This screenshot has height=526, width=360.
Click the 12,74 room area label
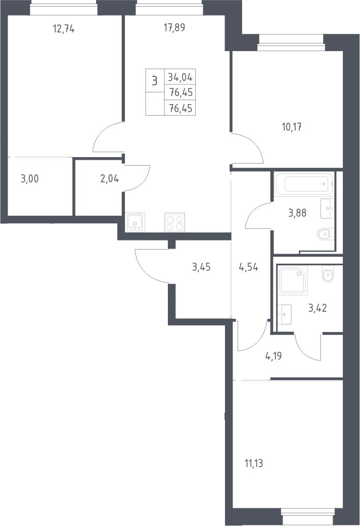pyautogui.click(x=64, y=29)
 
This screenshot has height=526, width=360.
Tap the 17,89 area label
pyautogui.click(x=174, y=27)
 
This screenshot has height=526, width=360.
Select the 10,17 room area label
pyautogui.click(x=292, y=127)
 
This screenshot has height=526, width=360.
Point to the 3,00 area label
pyautogui.click(x=29, y=178)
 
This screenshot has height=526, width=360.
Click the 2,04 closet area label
pyautogui.click(x=110, y=178)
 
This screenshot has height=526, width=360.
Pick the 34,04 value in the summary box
pyautogui.click(x=180, y=77)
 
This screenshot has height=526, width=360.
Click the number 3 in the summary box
pyautogui.click(x=155, y=81)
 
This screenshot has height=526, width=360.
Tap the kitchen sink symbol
pyautogui.click(x=135, y=221)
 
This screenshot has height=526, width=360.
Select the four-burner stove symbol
pyautogui.click(x=174, y=222)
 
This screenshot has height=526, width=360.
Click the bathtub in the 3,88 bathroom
pyautogui.click(x=304, y=183)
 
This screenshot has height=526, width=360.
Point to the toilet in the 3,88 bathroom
pyautogui.click(x=326, y=234)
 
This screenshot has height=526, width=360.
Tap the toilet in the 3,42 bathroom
pyautogui.click(x=328, y=273)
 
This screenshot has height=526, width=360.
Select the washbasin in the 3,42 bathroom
pyautogui.click(x=284, y=314)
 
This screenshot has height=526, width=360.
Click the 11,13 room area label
pyautogui.click(x=254, y=464)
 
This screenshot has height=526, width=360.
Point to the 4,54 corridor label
pyautogui.click(x=248, y=267)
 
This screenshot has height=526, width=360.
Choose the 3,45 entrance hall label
pyautogui.click(x=201, y=267)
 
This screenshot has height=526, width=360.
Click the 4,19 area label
pyautogui.click(x=274, y=356)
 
